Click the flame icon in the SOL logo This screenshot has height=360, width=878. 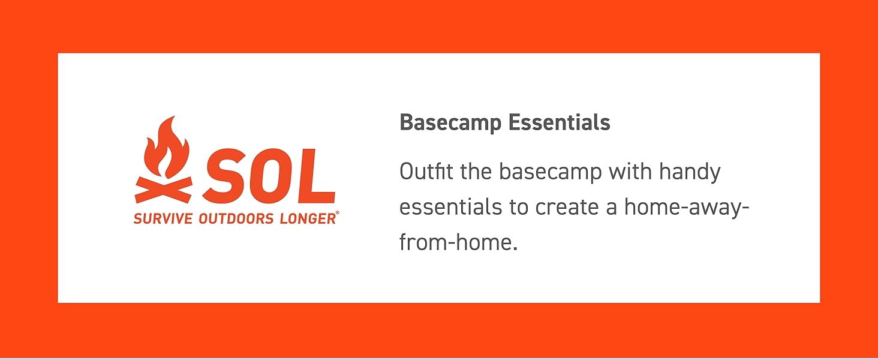pos(167,149)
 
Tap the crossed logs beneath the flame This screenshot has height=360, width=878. pos(164,190)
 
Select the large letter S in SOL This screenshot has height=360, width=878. pos(224,175)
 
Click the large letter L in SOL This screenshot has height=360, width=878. pos(317,175)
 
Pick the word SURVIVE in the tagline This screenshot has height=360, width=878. pos(163,218)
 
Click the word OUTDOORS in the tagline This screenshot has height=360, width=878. pos(236,218)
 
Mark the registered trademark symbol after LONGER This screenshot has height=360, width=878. pos(338,214)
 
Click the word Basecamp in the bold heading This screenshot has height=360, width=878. pos(450,123)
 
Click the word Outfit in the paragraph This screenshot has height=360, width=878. pos(426,172)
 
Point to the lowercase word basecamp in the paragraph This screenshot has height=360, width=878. pos(550,173)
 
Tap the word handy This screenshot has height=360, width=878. pos(690,173)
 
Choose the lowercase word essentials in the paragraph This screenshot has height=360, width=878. pos(451,206)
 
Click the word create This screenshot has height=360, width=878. pos(567,208)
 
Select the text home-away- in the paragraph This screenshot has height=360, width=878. pos(687,208)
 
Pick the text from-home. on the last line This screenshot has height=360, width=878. pos(459,242)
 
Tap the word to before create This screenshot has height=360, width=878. pos(519,208)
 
